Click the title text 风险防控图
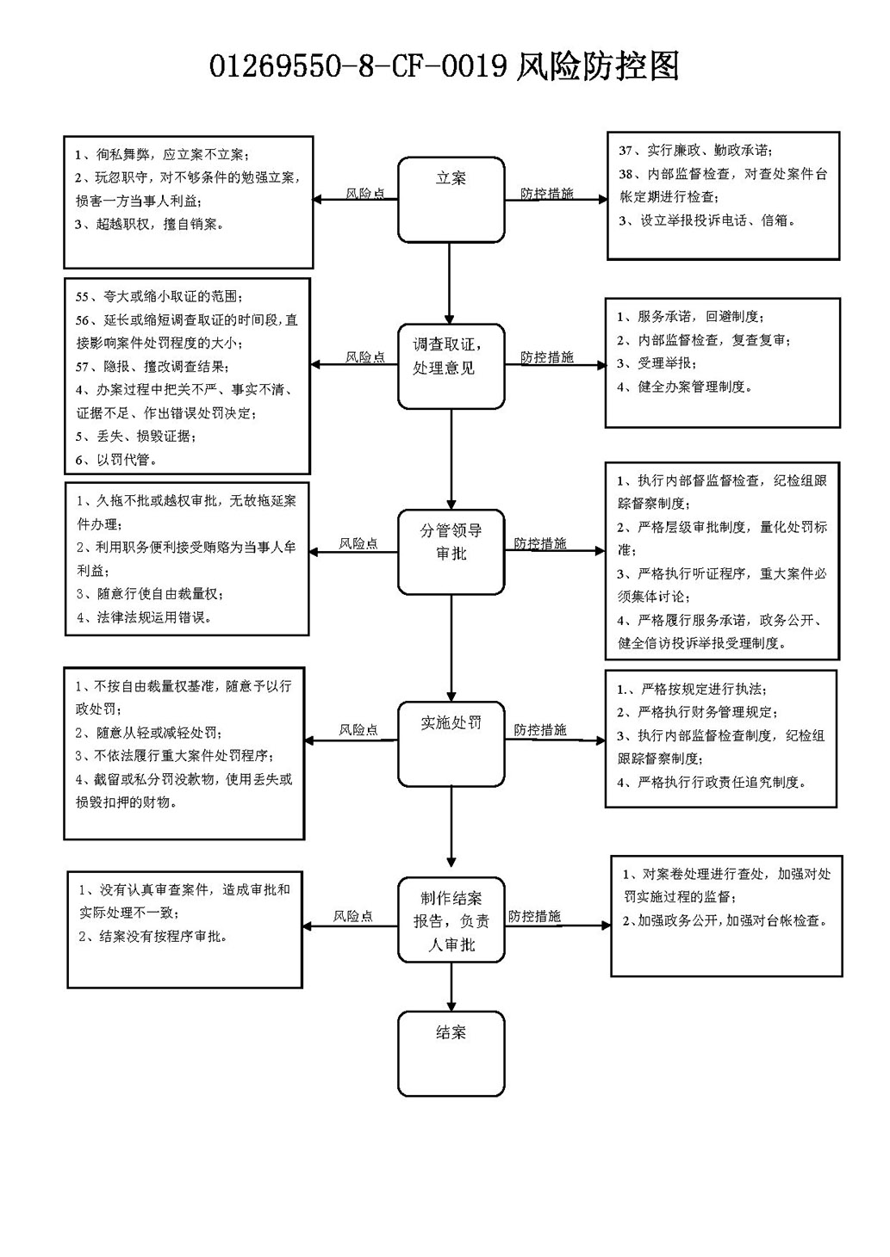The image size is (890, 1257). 597,66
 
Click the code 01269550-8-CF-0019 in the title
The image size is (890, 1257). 358,67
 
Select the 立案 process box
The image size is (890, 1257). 451,200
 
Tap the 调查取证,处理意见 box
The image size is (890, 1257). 451,367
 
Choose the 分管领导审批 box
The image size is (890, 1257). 451,552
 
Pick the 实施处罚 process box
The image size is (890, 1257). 451,744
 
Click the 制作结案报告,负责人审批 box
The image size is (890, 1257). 451,920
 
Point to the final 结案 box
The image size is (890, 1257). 451,1054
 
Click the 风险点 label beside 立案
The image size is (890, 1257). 365,193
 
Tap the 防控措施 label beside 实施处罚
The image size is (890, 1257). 540,729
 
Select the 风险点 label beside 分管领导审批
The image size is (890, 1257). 358,543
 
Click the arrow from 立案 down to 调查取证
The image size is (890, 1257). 450,283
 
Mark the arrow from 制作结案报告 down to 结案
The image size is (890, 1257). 451,987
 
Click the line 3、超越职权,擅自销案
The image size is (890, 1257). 149,225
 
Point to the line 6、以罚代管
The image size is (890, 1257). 116,460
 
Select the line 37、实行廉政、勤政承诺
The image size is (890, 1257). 695,151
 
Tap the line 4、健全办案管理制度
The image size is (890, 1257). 684,387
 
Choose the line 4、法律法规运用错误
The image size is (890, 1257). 145,618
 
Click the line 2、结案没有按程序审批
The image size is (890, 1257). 153,937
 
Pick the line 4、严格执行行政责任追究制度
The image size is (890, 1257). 712,783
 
